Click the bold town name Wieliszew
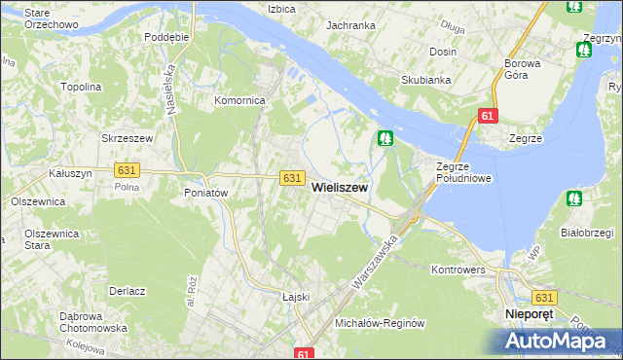[x=339, y=192]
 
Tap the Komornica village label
[x=240, y=100]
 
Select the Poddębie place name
[x=165, y=37]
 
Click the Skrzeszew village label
[x=128, y=139]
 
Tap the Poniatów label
[x=205, y=193]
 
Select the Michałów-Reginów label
[x=381, y=322]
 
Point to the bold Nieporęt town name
[x=530, y=315]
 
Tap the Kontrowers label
[x=458, y=269]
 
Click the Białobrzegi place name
[x=586, y=233]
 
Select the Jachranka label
[x=351, y=25]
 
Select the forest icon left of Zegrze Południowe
[x=386, y=140]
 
